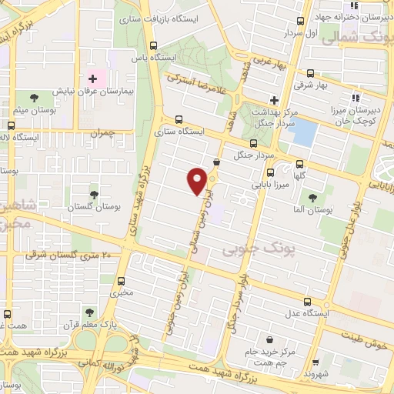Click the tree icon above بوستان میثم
tap(33, 98)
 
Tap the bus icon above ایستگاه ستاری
tap(179, 119)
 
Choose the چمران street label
tap(101, 132)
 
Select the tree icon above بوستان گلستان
tap(94, 195)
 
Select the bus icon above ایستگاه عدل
tap(308, 302)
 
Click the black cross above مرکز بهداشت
tap(274, 100)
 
